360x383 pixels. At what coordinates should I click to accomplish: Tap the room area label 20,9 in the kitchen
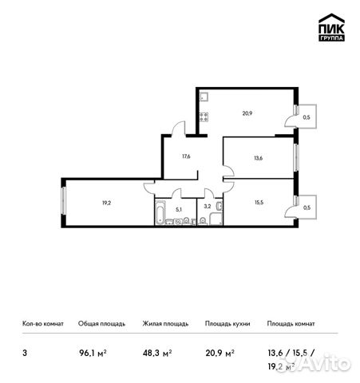pyautogui.click(x=248, y=113)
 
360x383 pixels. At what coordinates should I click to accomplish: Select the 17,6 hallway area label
pyautogui.click(x=185, y=156)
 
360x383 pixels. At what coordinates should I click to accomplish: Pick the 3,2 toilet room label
pyautogui.click(x=207, y=206)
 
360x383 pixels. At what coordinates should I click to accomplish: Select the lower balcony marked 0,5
pyautogui.click(x=306, y=208)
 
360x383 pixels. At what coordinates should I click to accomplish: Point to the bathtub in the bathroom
pyautogui.click(x=160, y=214)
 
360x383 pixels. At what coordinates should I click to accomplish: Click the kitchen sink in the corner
pyautogui.click(x=204, y=99)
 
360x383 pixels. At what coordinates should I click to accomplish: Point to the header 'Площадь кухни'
pyautogui.click(x=227, y=324)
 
